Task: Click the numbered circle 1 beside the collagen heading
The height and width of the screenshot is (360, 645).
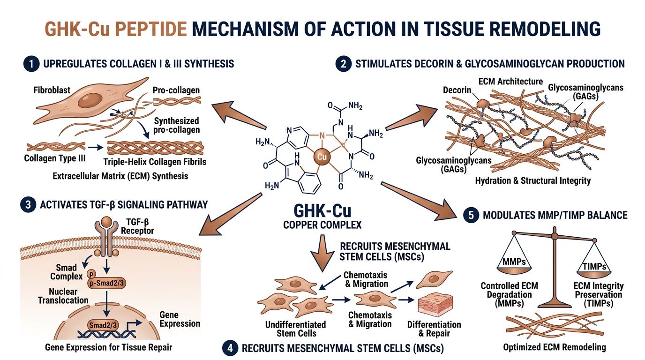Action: (30, 64)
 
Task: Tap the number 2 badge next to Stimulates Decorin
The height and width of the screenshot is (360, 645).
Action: (343, 64)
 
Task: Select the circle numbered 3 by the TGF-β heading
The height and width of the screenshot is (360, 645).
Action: (28, 204)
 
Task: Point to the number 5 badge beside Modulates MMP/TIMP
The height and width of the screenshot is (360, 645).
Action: (470, 215)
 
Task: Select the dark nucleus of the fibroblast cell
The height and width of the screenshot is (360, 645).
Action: (90, 100)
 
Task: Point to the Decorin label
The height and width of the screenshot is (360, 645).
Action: (457, 90)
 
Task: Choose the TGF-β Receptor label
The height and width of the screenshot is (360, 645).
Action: (137, 227)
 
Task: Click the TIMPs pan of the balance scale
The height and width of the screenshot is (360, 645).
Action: (594, 267)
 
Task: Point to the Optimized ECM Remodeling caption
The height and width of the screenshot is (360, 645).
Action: (555, 347)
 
